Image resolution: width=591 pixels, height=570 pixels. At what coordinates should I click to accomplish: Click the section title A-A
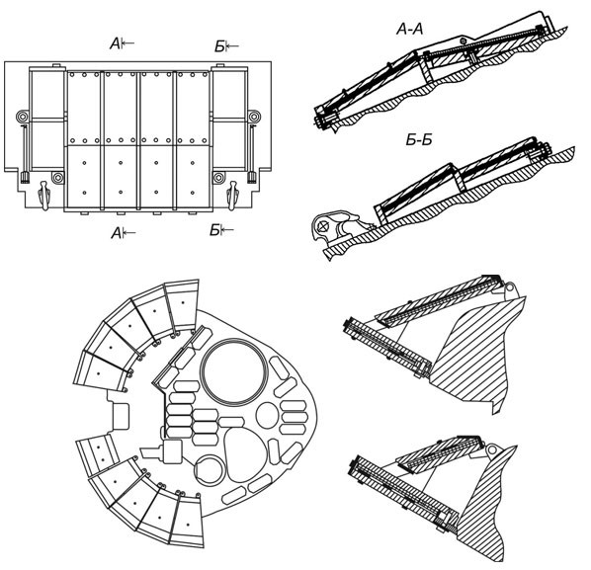410,29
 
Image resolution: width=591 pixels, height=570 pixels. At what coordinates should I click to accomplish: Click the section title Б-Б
419,139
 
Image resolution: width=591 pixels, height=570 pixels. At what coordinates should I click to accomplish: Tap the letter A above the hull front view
116,44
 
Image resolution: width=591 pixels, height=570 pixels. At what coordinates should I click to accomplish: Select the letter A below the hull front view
117,233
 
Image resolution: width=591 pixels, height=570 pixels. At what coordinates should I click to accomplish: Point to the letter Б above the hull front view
219,46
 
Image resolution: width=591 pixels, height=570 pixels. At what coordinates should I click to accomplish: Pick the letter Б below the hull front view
214,230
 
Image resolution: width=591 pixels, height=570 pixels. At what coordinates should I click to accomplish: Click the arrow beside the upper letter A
127,43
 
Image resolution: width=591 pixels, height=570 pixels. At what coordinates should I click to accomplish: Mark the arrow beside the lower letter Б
227,229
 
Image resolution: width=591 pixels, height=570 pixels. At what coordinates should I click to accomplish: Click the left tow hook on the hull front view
44,195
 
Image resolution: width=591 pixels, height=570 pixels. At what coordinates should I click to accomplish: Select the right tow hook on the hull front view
232,195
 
